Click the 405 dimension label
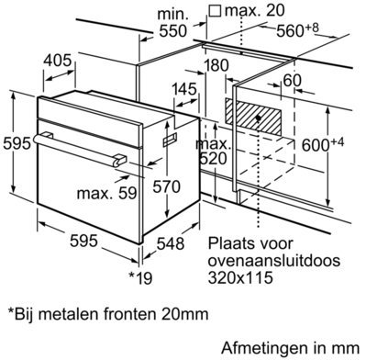point(57,61)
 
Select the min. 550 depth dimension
point(172,23)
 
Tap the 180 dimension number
point(216,66)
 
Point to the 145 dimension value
point(184,89)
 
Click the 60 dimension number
point(292,81)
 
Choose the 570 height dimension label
point(166,186)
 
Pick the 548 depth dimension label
point(171,244)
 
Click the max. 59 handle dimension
point(106,193)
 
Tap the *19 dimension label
point(140,278)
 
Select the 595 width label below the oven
point(83,241)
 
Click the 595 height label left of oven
point(17,143)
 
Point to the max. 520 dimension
point(214,152)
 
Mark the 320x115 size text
point(240,278)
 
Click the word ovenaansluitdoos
point(274,261)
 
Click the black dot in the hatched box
point(259,118)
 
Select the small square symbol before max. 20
point(216,10)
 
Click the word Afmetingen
point(264,348)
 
